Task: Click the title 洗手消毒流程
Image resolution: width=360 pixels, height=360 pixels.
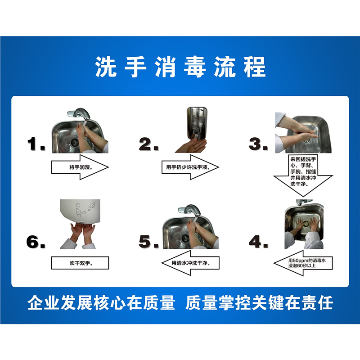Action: [180, 67]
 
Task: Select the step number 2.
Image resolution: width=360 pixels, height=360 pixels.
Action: [148, 145]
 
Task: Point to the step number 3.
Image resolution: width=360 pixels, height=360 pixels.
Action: [259, 145]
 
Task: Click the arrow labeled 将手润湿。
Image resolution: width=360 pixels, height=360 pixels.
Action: [80, 167]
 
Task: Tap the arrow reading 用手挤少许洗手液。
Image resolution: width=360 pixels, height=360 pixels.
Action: [189, 167]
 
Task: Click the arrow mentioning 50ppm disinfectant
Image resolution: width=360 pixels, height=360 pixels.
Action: [302, 263]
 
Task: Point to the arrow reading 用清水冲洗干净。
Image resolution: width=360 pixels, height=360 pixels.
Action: [189, 263]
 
